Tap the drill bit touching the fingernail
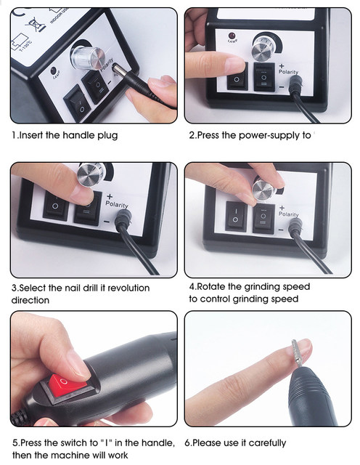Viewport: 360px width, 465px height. click(x=297, y=353)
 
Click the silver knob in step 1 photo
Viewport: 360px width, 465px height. click(x=88, y=58)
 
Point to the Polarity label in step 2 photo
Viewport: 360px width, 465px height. click(x=288, y=72)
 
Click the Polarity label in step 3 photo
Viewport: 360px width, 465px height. click(x=117, y=204)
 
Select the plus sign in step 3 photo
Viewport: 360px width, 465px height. click(x=110, y=196)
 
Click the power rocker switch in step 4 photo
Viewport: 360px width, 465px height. click(x=236, y=216)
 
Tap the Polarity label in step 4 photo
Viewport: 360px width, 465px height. click(x=288, y=214)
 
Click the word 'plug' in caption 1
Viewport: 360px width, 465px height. click(x=107, y=136)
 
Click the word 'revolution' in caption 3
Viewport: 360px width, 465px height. click(x=128, y=288)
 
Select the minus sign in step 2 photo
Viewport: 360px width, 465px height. click(x=282, y=87)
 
